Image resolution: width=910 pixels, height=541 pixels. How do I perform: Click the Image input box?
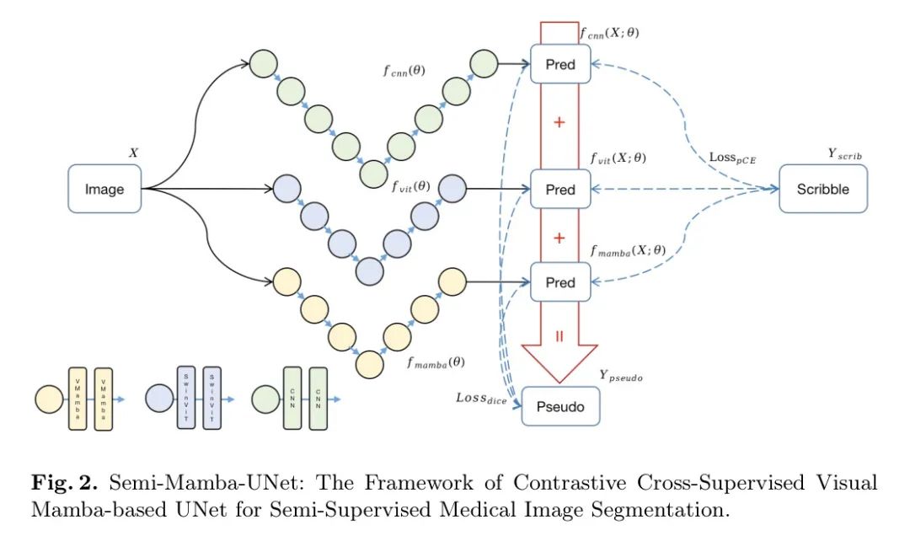(x=104, y=189)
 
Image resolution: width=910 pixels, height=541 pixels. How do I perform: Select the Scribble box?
(x=822, y=189)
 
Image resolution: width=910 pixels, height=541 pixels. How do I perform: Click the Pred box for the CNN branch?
(x=559, y=64)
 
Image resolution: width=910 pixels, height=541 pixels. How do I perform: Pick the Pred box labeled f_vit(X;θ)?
(x=559, y=190)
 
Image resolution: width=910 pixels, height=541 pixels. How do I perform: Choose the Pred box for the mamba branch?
(x=559, y=282)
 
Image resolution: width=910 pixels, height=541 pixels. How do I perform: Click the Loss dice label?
(x=481, y=398)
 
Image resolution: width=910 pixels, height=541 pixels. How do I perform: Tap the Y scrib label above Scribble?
(x=844, y=156)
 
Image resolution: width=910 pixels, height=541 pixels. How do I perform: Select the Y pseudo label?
(x=622, y=378)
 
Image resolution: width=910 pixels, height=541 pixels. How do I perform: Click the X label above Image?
(x=133, y=153)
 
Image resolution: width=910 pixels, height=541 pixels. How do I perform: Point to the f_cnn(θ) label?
(x=404, y=71)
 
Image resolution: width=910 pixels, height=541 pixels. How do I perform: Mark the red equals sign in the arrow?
(x=558, y=336)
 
